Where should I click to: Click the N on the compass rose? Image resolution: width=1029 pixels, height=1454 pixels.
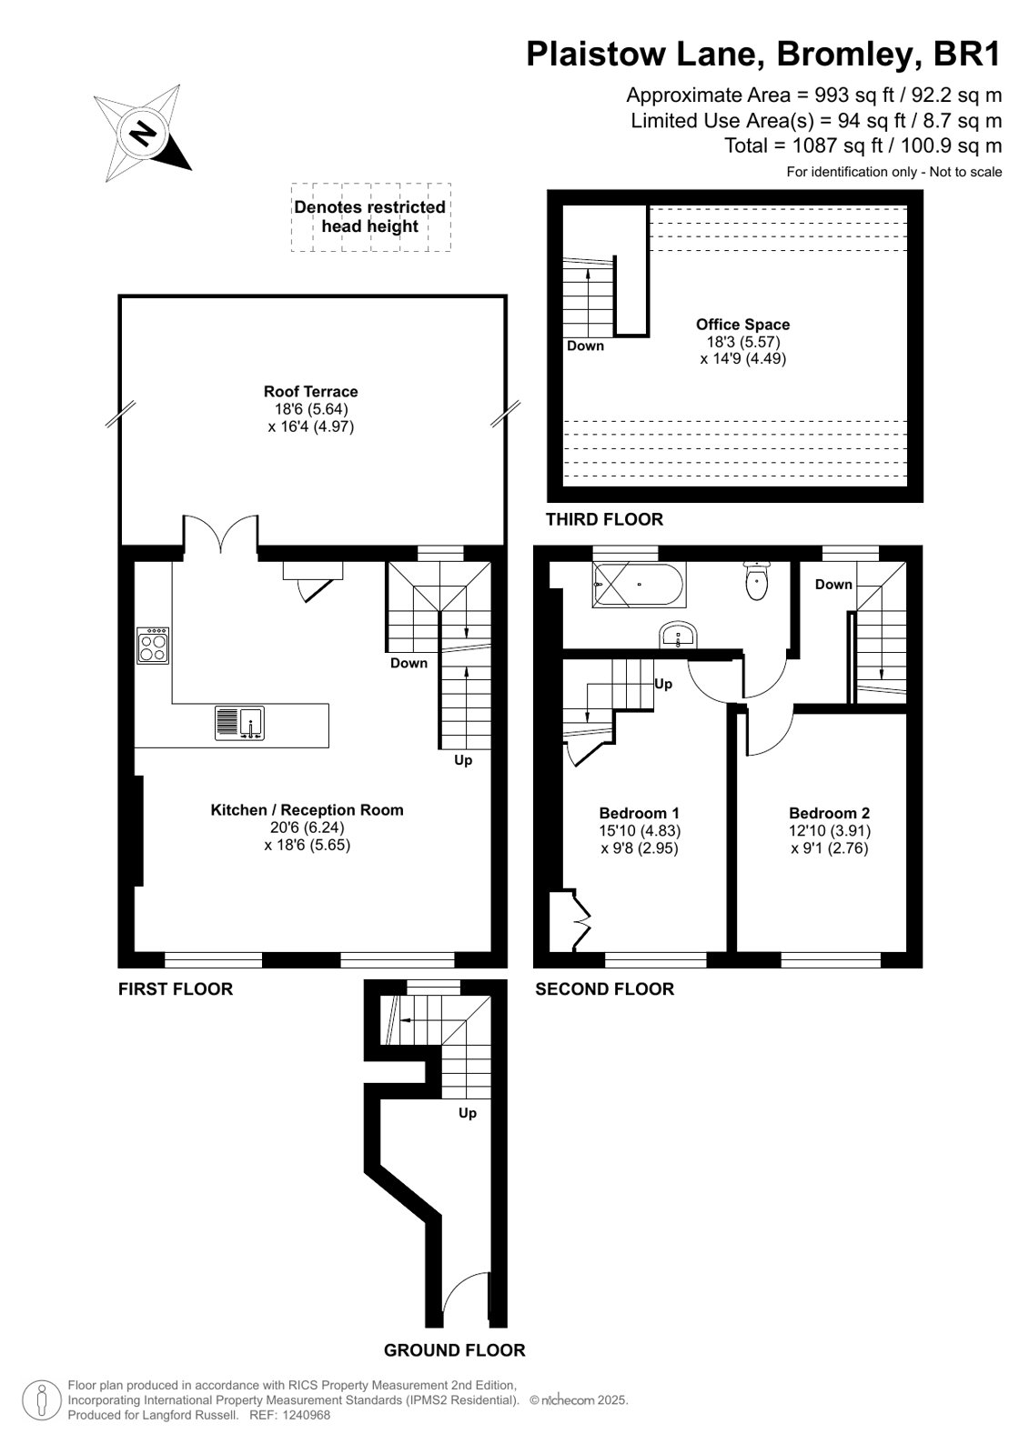tap(143, 135)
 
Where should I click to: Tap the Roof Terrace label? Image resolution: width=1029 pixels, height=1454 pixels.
tap(310, 391)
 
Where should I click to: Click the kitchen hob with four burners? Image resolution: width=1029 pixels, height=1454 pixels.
tap(153, 646)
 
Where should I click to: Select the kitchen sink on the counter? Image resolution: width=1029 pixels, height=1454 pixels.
tap(239, 723)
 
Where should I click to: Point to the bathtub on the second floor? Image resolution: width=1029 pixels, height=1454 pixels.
tap(638, 585)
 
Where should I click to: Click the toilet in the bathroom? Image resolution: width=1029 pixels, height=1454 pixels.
tap(757, 581)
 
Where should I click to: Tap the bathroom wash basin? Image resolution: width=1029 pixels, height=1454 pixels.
tap(678, 635)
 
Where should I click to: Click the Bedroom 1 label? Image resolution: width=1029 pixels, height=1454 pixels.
tap(640, 813)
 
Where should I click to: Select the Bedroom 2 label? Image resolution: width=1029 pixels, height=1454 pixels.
tap(830, 813)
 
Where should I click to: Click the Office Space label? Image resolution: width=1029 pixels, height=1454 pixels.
tap(742, 324)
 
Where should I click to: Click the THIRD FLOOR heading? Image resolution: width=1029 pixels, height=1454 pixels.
tap(604, 519)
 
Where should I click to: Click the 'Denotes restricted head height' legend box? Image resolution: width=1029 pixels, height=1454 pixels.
tap(370, 216)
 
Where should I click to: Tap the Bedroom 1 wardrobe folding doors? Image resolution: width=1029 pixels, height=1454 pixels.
tap(581, 920)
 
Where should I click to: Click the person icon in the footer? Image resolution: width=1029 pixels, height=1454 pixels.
tap(42, 1400)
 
